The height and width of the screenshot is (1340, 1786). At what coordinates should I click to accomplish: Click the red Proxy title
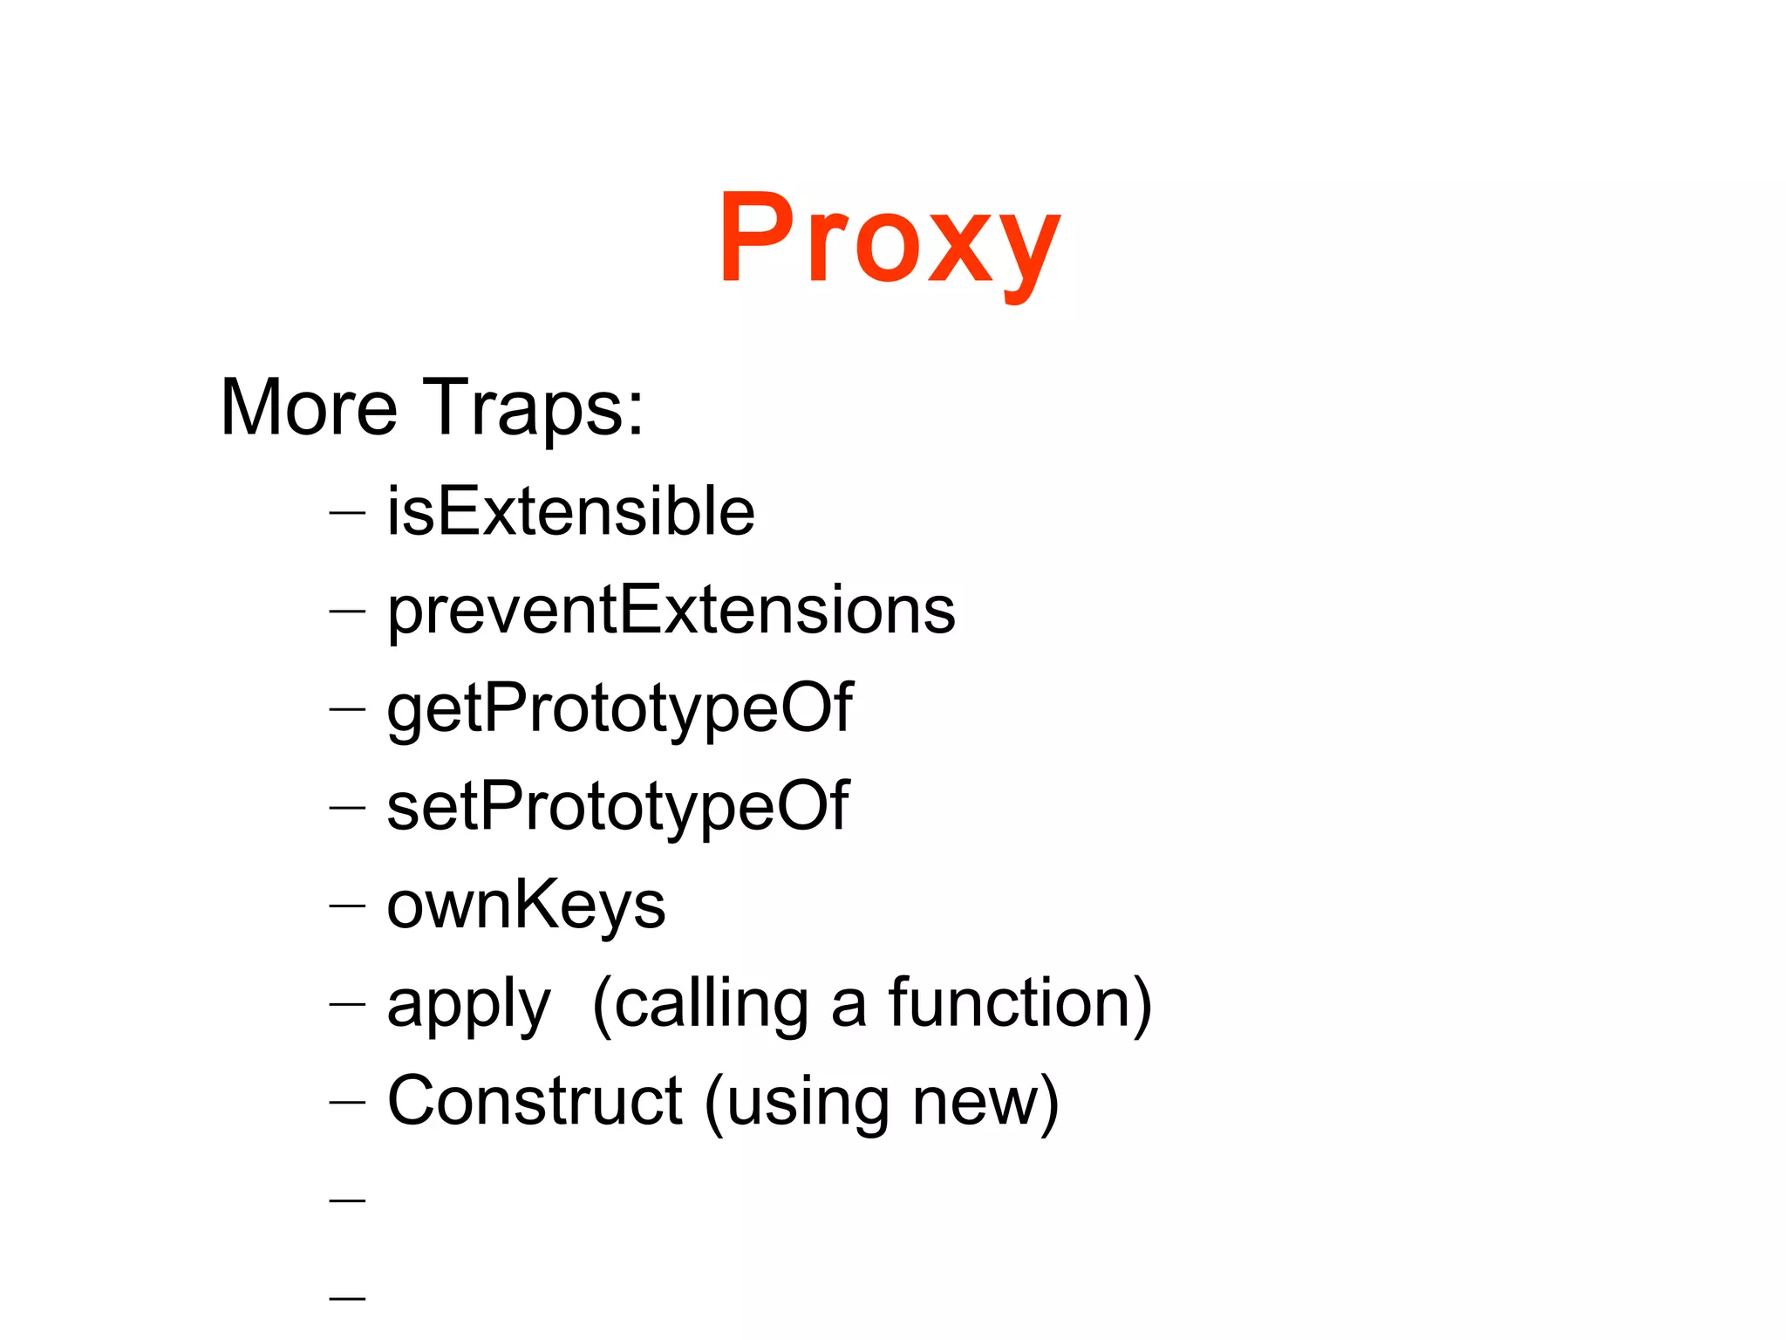point(890,240)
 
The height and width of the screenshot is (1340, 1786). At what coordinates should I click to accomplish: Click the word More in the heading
point(309,407)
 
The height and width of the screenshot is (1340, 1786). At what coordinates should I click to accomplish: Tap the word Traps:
point(534,407)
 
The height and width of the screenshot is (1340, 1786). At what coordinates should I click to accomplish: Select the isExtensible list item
point(570,511)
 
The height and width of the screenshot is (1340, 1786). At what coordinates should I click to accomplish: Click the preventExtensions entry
point(671,610)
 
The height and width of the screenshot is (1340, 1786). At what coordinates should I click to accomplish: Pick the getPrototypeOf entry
point(619,708)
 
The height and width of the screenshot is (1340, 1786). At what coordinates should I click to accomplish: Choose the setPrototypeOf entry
point(617,807)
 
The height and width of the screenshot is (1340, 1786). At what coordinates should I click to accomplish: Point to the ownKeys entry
point(526,905)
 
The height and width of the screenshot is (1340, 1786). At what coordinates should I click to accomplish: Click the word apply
point(468,1004)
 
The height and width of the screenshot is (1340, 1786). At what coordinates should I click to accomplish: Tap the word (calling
point(700,1004)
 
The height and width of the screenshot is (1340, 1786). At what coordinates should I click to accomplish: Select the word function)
point(1020,1004)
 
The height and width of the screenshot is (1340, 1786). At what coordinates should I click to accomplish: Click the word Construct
point(535,1102)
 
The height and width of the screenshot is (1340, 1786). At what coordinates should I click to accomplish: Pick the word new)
point(985,1104)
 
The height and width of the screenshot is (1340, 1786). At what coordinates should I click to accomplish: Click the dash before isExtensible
point(347,514)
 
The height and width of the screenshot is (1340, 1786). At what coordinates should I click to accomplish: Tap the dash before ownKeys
point(347,906)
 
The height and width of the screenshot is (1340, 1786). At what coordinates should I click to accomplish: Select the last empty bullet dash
point(347,1299)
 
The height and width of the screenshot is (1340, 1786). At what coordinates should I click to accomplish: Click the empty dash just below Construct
point(347,1201)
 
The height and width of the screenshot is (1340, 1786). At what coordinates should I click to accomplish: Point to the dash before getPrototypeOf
point(347,710)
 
